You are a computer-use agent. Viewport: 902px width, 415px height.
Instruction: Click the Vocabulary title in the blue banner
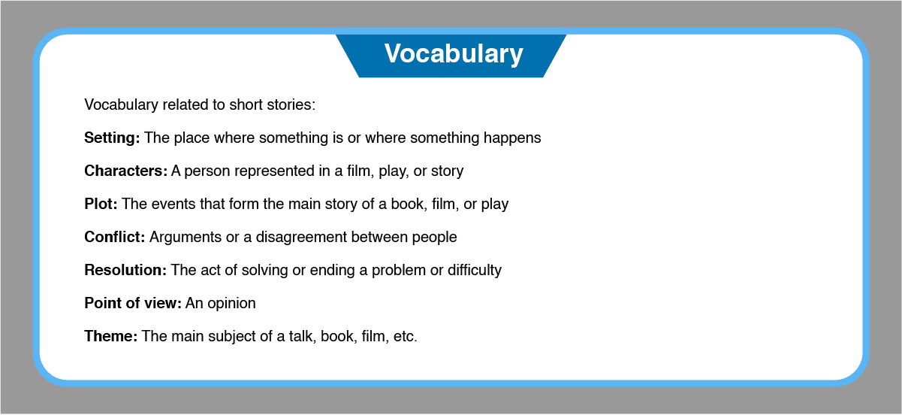454,54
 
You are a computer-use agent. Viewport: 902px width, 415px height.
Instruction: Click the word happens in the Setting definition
512,138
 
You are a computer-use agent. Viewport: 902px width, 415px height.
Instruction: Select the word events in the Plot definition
173,204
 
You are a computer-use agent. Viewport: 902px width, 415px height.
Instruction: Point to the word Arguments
186,238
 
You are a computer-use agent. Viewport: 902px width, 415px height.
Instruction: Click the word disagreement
301,238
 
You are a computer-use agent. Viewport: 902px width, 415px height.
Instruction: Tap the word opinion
231,304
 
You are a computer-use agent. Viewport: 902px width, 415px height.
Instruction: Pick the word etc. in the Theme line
405,336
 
